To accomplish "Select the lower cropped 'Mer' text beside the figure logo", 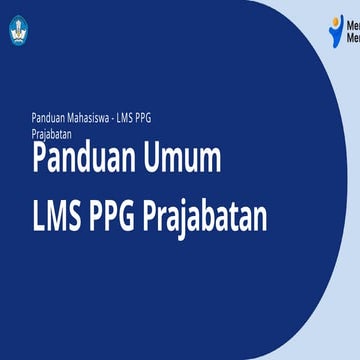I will point(352,39).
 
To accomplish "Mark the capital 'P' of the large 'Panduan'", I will point(39,160).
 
